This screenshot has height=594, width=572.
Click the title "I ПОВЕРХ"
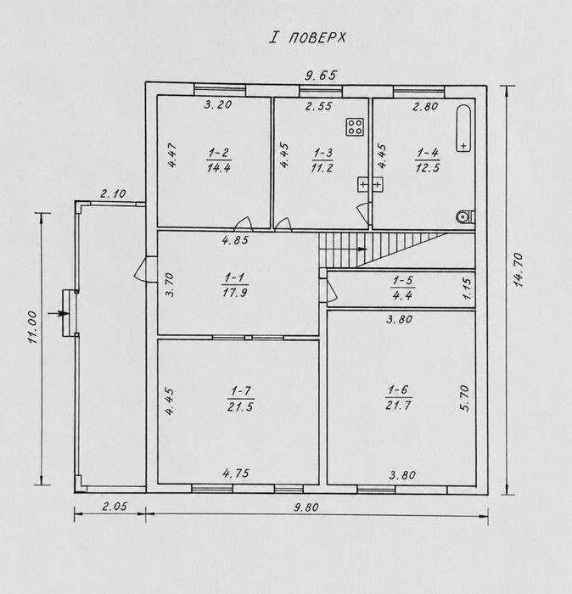307,37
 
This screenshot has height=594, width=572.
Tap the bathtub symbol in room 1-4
463,128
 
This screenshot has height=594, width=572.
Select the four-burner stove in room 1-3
356,127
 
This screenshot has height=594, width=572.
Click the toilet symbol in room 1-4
464,216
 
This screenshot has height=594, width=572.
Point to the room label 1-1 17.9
235,285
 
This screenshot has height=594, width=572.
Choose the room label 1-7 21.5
240,399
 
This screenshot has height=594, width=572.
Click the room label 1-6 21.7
398,397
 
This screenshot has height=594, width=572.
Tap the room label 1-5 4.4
402,288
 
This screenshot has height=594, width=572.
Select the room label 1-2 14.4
219,160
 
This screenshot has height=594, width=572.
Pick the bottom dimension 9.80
306,507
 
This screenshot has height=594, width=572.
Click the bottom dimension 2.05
115,506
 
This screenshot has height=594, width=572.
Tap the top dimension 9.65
321,76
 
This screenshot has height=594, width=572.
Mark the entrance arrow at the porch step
59,313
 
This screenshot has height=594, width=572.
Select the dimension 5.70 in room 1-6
465,398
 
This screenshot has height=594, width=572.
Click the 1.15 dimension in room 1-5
467,289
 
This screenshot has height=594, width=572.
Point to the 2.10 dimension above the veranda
113,194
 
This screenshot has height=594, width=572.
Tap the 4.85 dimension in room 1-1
235,240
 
